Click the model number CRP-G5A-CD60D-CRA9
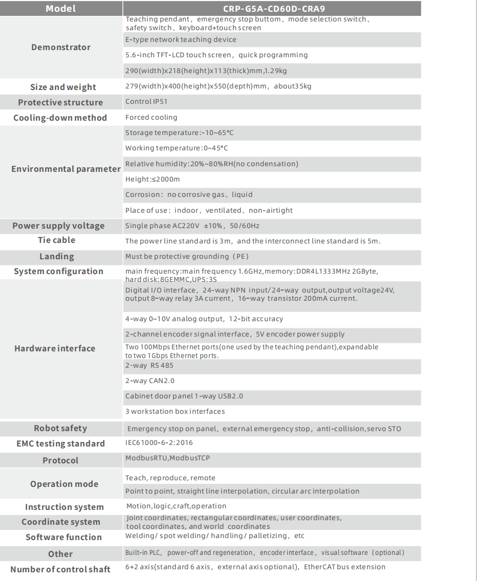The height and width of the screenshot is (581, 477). pos(273,8)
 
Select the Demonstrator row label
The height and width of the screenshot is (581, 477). pos(61,47)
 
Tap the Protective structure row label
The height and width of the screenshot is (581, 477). pos(60,102)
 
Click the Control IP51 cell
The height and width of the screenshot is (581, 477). pos(146,101)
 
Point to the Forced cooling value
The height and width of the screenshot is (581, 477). pos(151,117)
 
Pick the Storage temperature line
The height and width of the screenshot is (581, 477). pos(179,133)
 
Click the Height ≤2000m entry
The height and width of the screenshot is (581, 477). pos(153,179)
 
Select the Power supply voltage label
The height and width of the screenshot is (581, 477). pos(58,226)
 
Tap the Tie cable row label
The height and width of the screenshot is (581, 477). pos(56,240)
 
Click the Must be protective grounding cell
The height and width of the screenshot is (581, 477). pos(187,256)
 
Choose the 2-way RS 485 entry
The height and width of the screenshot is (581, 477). pos(149,365)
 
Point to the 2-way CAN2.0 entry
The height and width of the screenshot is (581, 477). pos(150,381)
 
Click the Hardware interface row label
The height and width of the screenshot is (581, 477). pos(55,348)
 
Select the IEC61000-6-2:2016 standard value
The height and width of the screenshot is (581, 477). pos(159,442)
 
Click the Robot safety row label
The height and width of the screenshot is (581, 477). pos(60,428)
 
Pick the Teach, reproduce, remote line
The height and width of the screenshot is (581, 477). pos(170,478)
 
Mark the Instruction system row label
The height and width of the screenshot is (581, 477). pos(64,507)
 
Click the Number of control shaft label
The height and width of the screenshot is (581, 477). pos(60,569)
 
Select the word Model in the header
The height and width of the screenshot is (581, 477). pos(60,8)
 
